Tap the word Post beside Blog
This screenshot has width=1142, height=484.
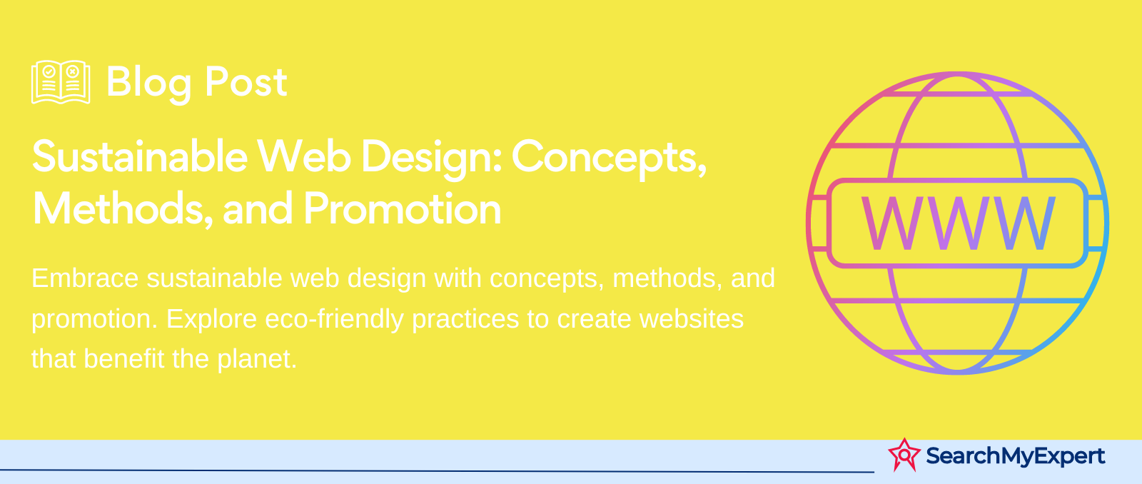click(x=246, y=81)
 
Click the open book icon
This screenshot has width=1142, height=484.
click(x=61, y=82)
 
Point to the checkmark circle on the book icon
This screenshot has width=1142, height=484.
click(x=49, y=71)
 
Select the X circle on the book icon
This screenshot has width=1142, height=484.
click(x=72, y=71)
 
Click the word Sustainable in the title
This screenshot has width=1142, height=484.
click(x=140, y=156)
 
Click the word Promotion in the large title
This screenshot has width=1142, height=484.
click(x=403, y=208)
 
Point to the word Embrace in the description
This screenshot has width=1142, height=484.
click(x=85, y=278)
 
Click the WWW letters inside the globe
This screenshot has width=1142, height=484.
click(x=958, y=223)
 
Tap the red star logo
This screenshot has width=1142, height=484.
click(x=904, y=455)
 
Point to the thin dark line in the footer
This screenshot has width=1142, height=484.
click(x=437, y=470)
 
